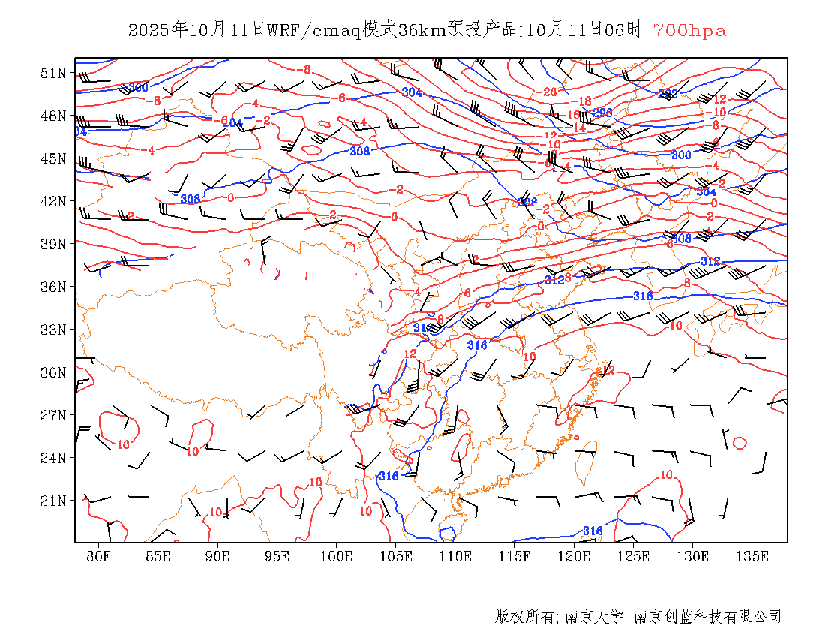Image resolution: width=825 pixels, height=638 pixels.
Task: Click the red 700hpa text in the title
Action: point(689,31)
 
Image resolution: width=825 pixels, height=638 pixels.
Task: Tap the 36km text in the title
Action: point(418,31)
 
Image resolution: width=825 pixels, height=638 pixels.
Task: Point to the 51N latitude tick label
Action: point(54,73)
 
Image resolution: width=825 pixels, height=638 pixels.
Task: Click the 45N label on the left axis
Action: point(54,158)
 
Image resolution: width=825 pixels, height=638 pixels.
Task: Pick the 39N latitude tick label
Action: point(54,244)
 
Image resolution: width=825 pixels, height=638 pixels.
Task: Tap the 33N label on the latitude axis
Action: point(54,330)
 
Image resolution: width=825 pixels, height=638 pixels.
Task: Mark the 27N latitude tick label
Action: point(54,415)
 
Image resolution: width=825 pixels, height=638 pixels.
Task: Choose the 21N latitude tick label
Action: point(54,501)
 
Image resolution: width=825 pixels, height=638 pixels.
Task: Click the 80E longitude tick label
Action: point(99,556)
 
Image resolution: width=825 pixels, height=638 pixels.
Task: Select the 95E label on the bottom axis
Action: point(277,556)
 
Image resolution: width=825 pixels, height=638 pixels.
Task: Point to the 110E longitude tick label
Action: point(455,556)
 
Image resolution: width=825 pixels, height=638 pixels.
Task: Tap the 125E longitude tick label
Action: point(634,556)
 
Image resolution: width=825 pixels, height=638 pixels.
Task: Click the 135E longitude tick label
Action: point(752,556)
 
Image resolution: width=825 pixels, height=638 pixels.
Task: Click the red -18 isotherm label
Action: point(581,101)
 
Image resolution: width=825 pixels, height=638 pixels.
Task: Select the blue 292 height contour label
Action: point(667,95)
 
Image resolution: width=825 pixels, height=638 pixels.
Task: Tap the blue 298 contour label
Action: point(602,113)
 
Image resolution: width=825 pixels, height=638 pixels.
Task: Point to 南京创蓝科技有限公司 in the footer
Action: point(708,617)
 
